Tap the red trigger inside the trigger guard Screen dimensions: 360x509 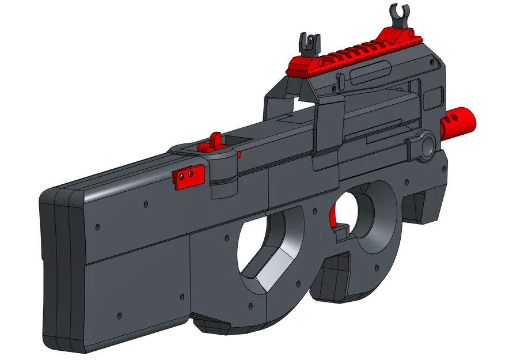pos(332,218)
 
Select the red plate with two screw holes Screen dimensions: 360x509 pos(187,176)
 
